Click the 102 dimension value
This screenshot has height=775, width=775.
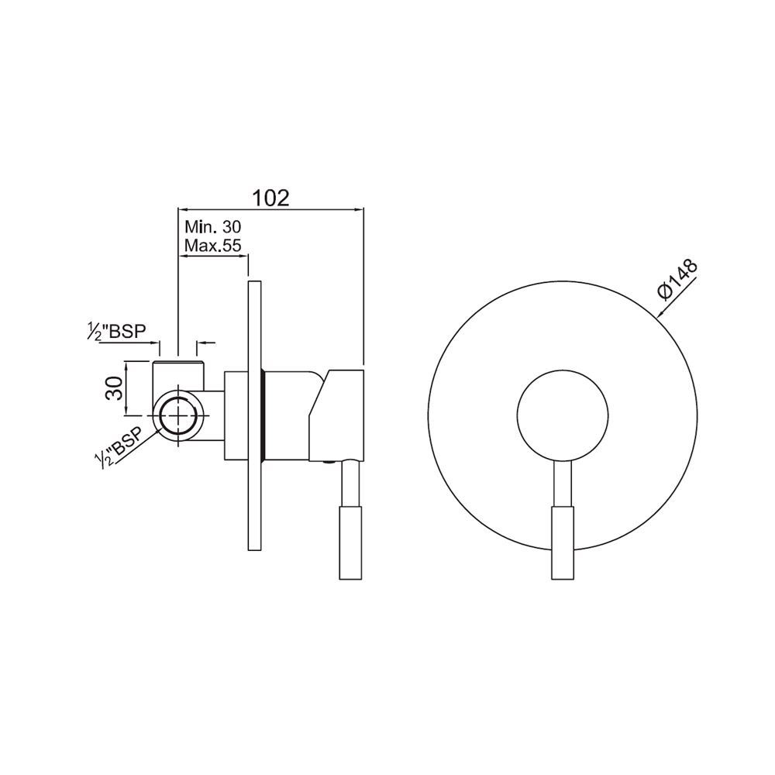(270, 198)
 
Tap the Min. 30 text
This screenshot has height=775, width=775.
(213, 227)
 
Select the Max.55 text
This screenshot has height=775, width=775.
(215, 245)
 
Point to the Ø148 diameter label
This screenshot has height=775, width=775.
(677, 278)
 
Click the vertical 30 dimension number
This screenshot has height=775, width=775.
(114, 388)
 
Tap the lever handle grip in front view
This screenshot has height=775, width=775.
(563, 542)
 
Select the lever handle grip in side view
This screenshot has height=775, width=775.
(351, 542)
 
